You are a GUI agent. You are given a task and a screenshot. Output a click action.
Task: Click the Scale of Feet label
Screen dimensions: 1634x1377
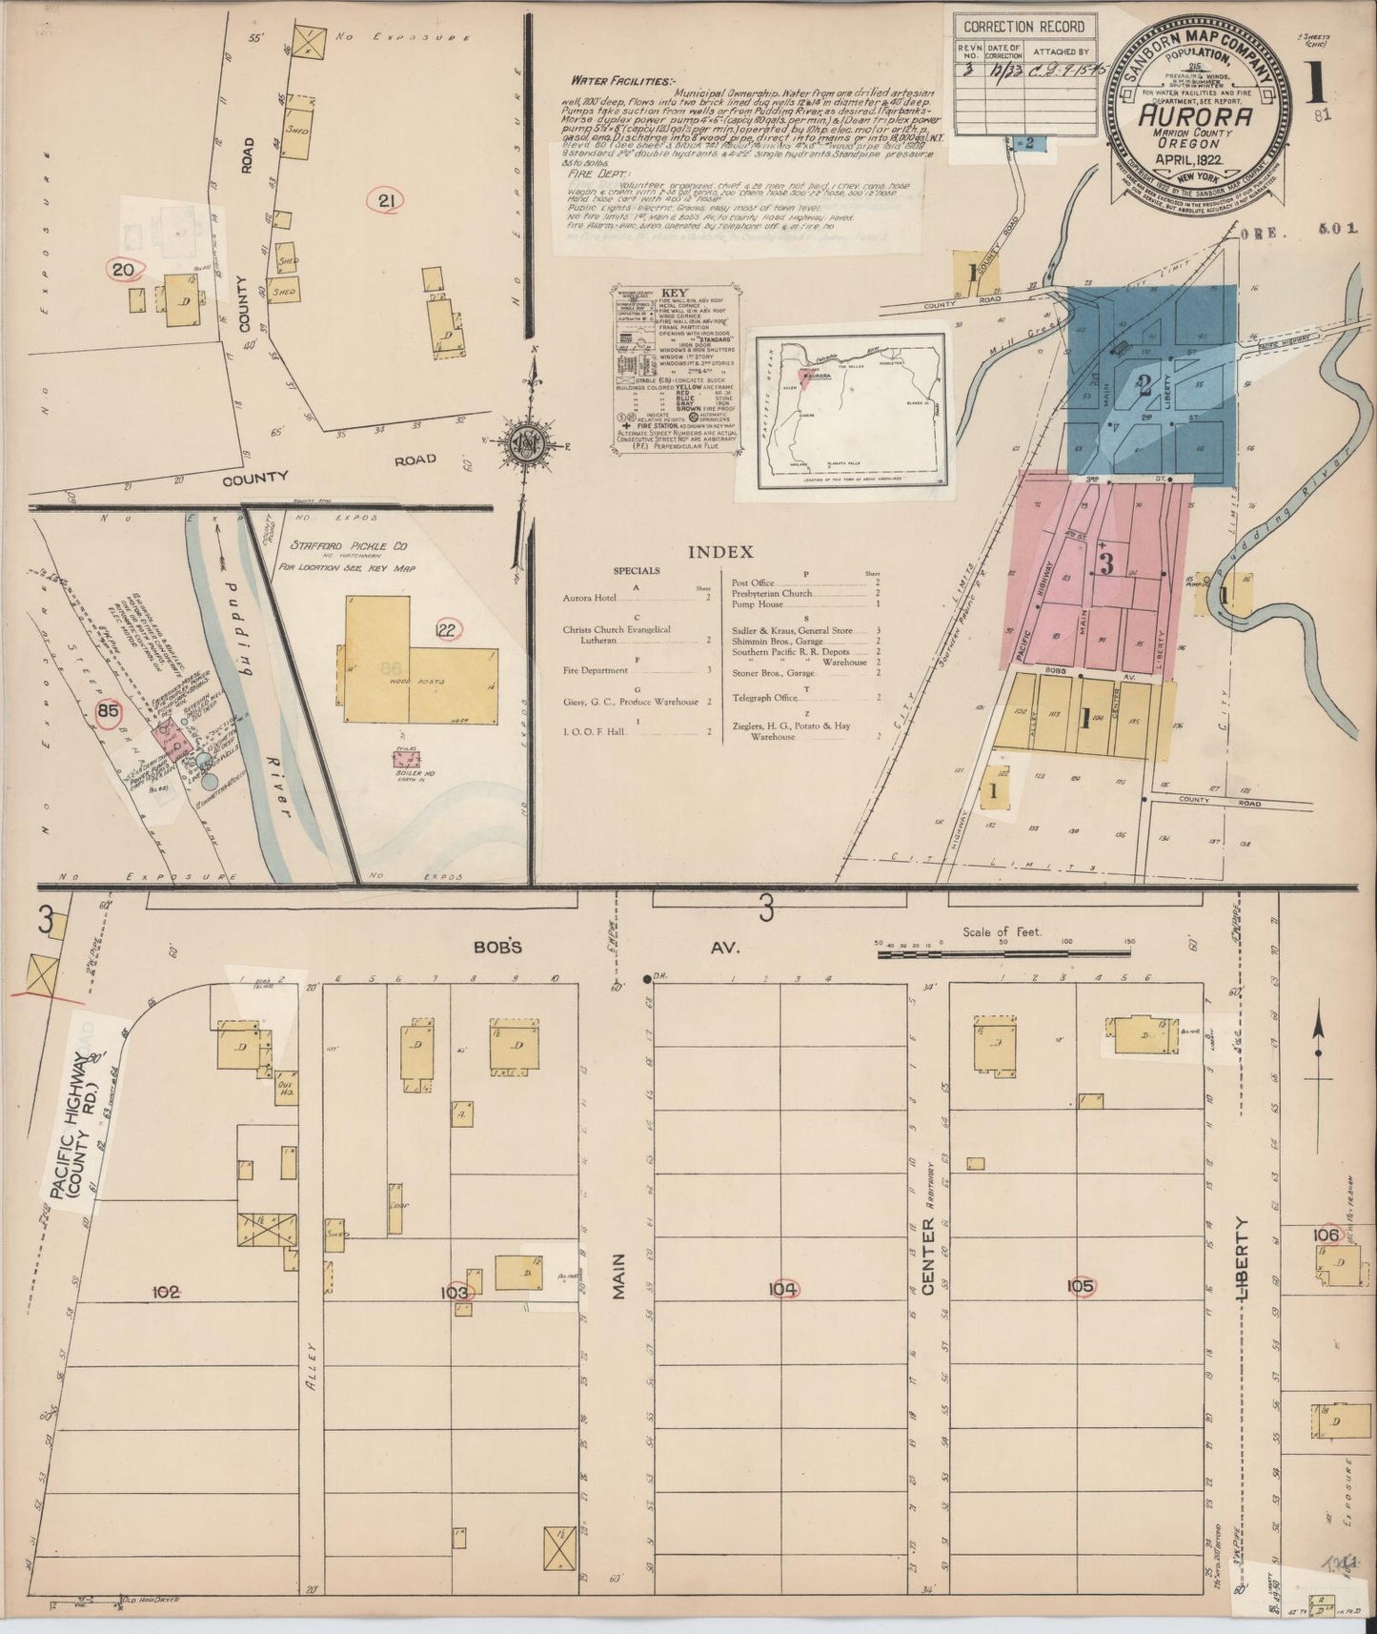(x=1002, y=932)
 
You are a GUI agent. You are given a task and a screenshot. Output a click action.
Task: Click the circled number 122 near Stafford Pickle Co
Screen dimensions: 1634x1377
(x=447, y=628)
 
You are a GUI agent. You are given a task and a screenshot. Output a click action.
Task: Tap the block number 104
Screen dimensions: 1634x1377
(x=783, y=1290)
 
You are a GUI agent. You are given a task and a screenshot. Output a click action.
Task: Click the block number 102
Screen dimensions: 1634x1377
(x=167, y=1292)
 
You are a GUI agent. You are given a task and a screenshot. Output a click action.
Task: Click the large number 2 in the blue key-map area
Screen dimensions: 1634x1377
(x=1144, y=386)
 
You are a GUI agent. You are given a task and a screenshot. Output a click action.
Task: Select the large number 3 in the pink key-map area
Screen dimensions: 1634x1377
(x=1105, y=563)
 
